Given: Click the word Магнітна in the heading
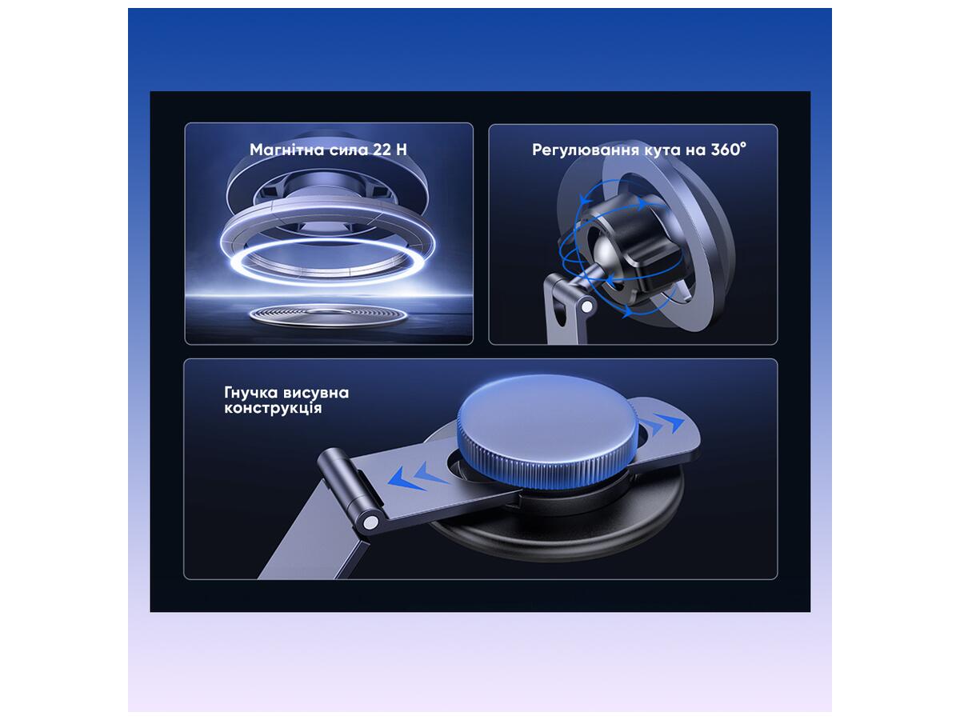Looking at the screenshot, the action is pos(287,150).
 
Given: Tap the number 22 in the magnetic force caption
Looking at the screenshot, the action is pos(382,150).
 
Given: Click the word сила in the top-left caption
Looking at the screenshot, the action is pos(349,150).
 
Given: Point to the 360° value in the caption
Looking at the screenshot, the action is pos(728,150).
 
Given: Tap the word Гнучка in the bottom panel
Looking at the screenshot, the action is pos(251,393).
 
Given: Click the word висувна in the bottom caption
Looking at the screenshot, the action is pos(316,393).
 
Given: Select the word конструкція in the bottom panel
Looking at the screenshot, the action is pos(273,408).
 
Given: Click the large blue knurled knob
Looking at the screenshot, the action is pos(547,431).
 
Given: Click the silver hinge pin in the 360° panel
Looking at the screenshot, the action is pos(586,307).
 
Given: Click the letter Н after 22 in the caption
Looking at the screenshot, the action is pos(402,150).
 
